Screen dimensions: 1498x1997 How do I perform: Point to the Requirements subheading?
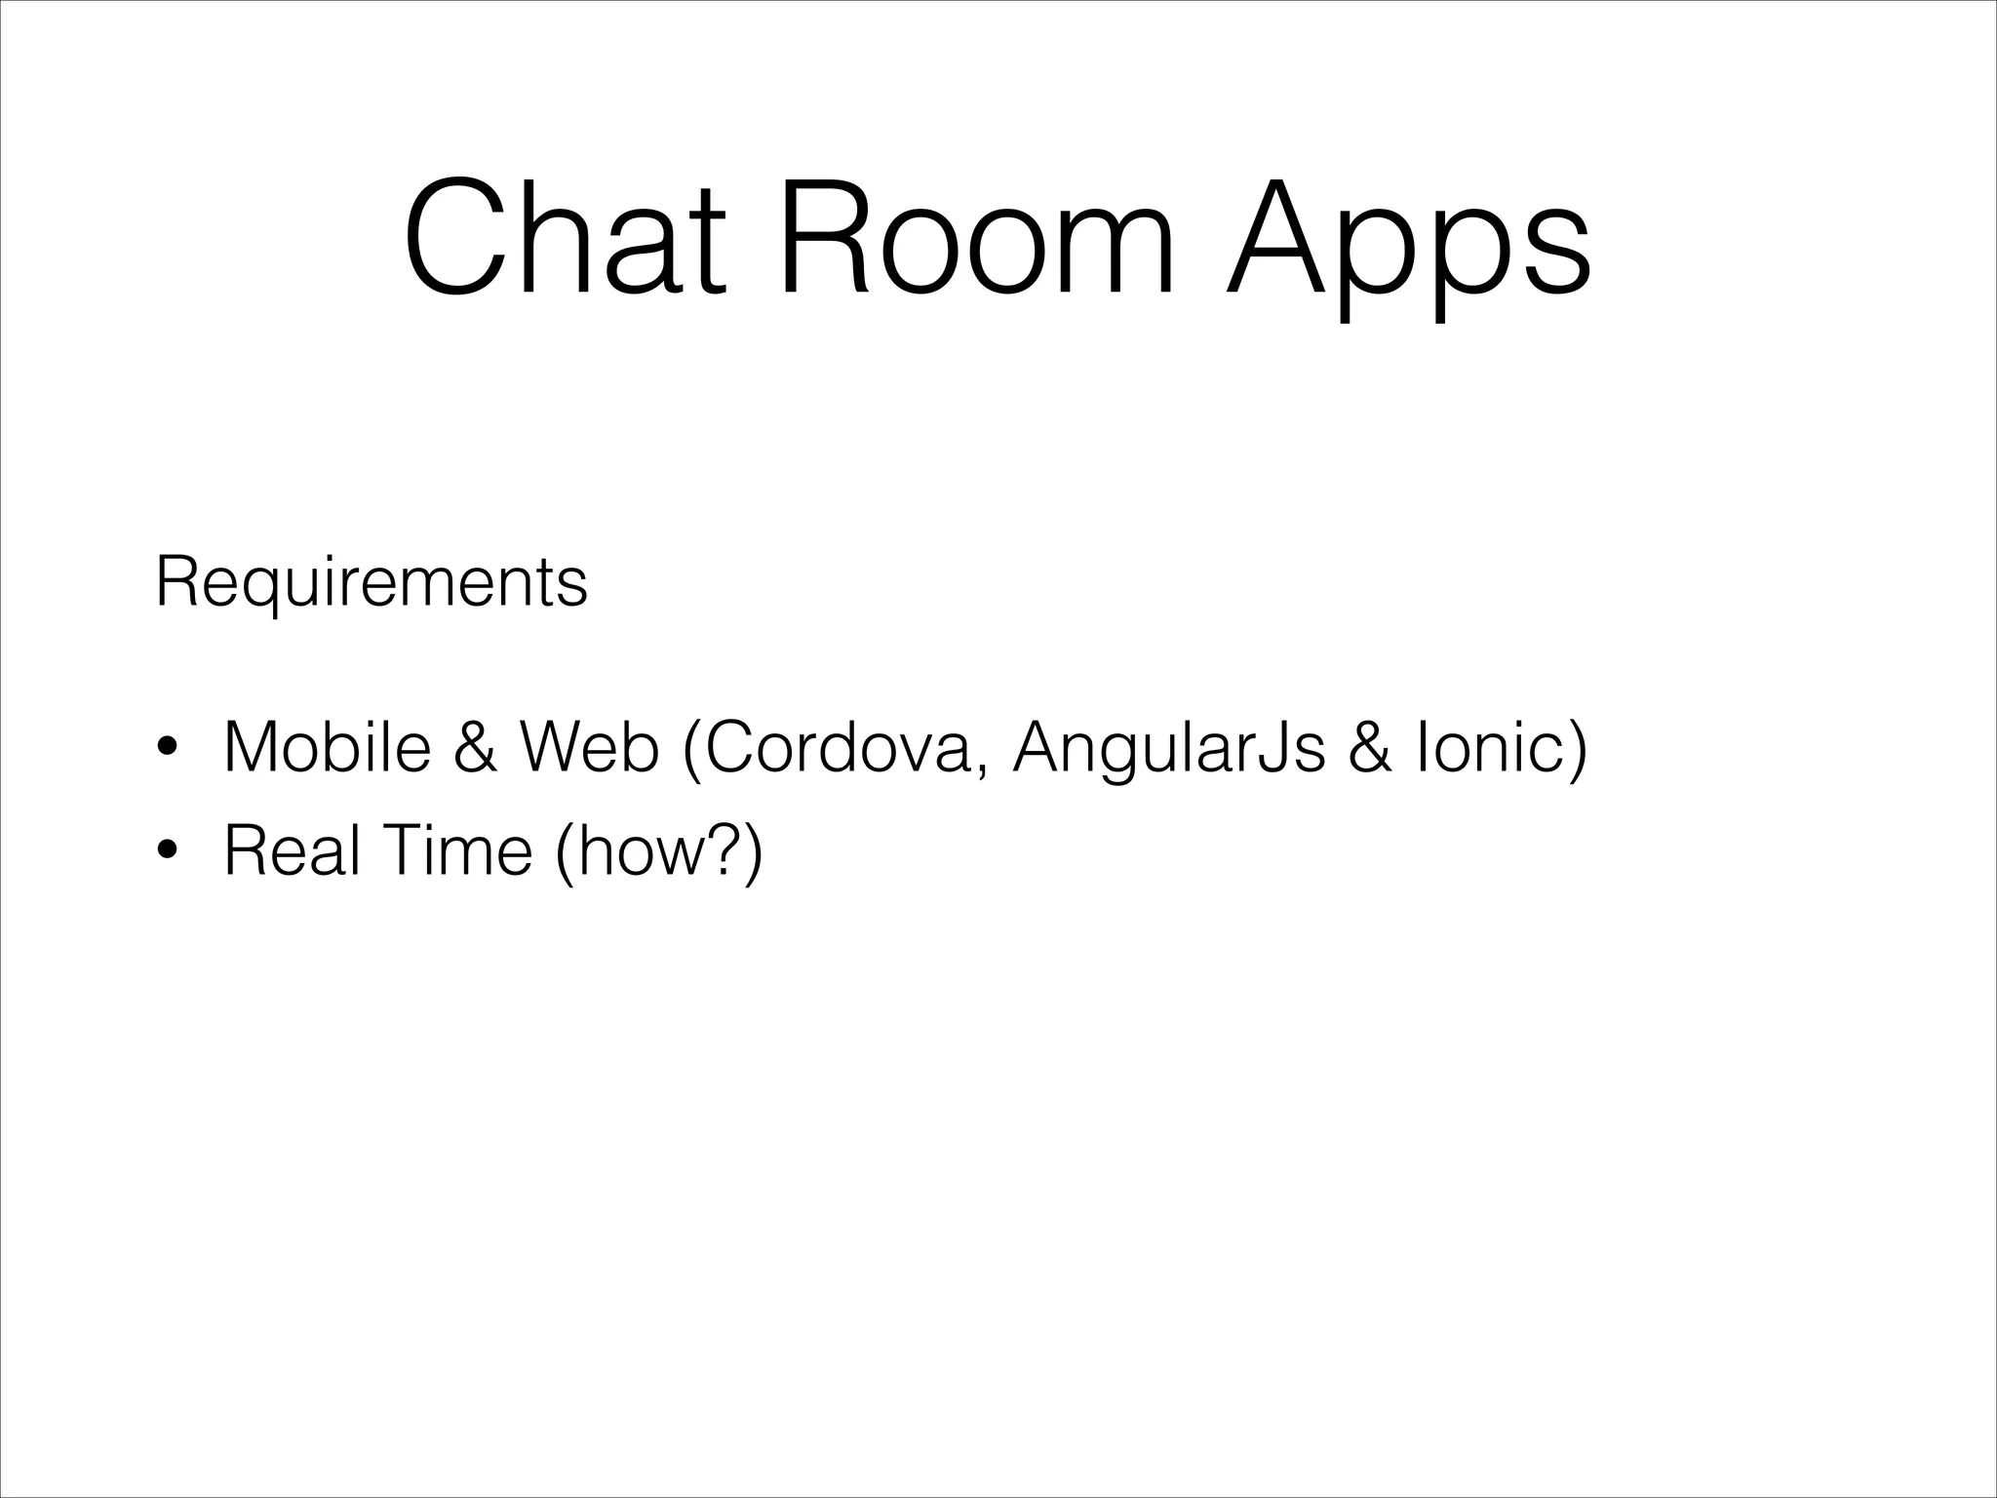(x=372, y=584)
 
